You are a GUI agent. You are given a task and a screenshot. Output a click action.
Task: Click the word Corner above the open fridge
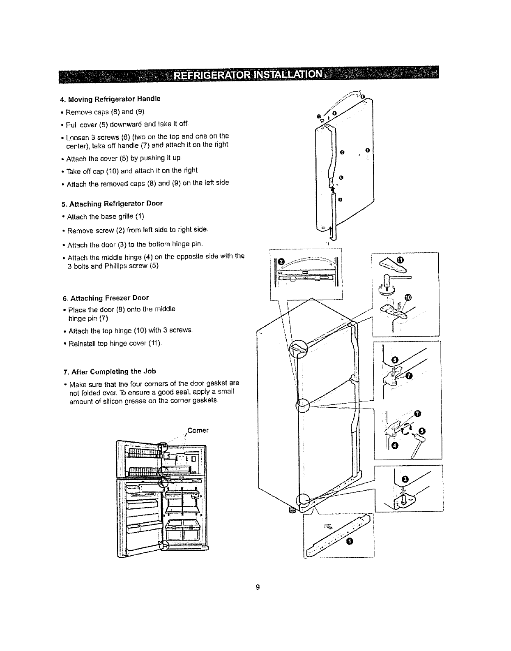198,431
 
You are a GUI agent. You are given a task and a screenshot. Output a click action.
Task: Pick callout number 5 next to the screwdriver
422,431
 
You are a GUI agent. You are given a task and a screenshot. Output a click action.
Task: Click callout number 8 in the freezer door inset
395,360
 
